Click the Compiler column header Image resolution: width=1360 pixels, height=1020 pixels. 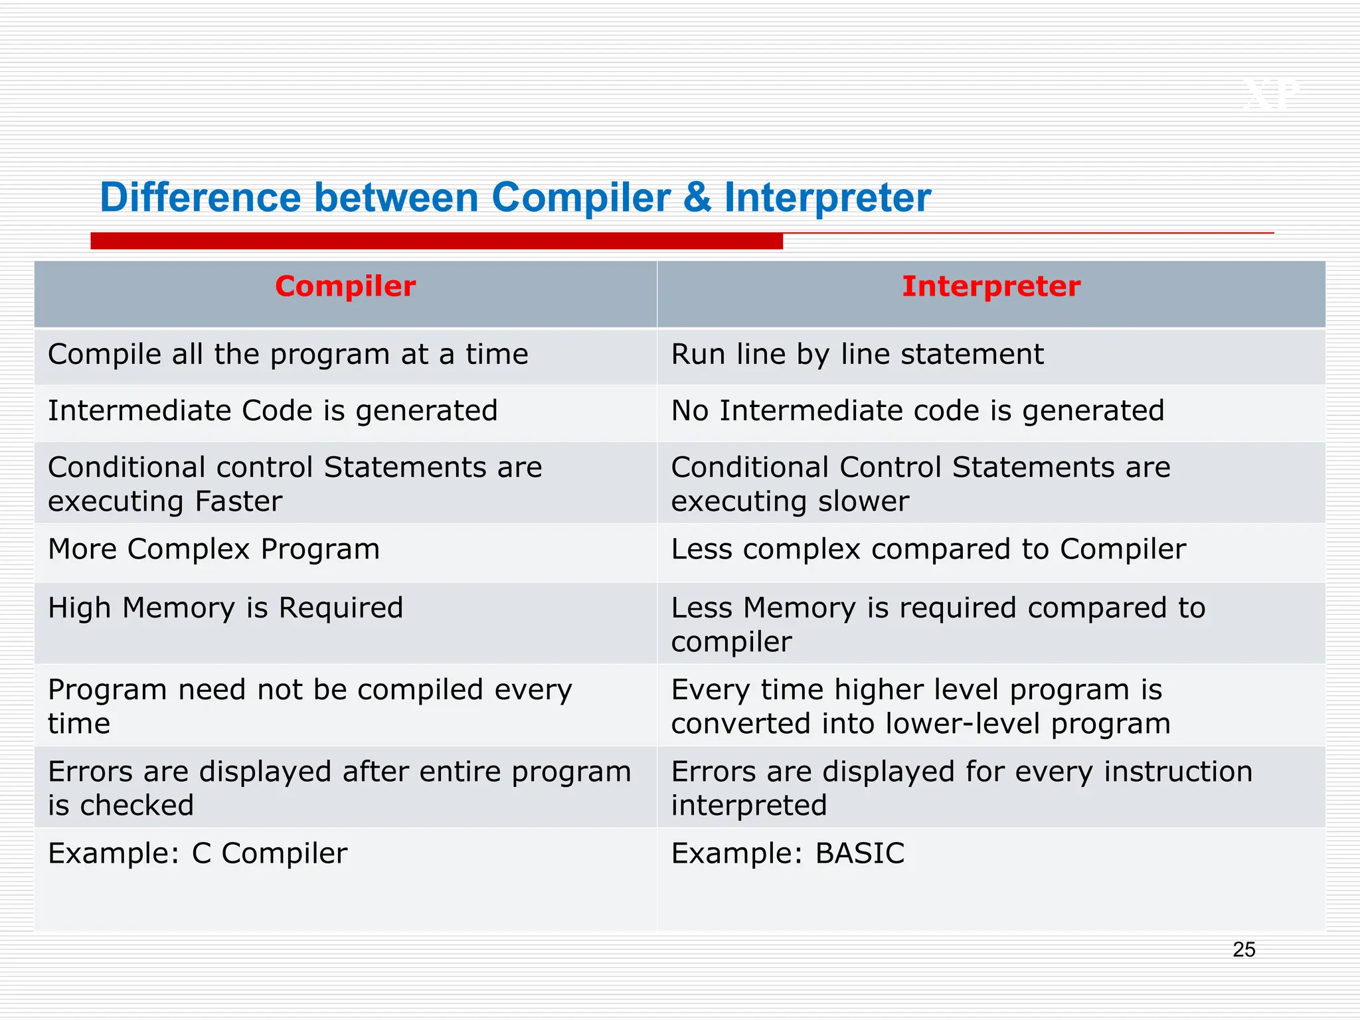pos(345,287)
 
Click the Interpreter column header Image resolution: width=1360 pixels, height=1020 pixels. pos(991,287)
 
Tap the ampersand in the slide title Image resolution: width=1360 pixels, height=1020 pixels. pos(697,198)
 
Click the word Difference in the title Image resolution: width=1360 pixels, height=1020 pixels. pos(201,198)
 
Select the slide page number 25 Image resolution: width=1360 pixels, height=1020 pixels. pos(1244,950)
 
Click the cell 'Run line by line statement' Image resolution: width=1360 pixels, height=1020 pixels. pos(857,355)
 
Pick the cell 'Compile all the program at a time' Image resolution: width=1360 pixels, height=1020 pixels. pos(288,355)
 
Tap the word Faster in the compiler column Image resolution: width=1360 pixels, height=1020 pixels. pos(238,501)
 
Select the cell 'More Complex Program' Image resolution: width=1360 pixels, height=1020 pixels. pos(214,550)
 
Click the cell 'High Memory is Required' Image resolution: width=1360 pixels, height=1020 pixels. pos(226,608)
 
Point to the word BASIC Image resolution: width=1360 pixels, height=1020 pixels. pos(859,854)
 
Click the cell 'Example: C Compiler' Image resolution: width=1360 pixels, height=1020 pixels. pos(197,854)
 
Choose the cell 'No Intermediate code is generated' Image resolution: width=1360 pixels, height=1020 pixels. pos(917,411)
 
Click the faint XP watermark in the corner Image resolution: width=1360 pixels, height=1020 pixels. pos(1270,95)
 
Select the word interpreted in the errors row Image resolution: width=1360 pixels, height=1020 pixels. pos(749,806)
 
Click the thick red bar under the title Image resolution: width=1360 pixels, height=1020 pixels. pos(436,241)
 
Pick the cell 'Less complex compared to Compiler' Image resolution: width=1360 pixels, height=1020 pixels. pos(928,550)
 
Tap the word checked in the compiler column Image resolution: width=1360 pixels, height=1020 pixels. pos(137,806)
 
